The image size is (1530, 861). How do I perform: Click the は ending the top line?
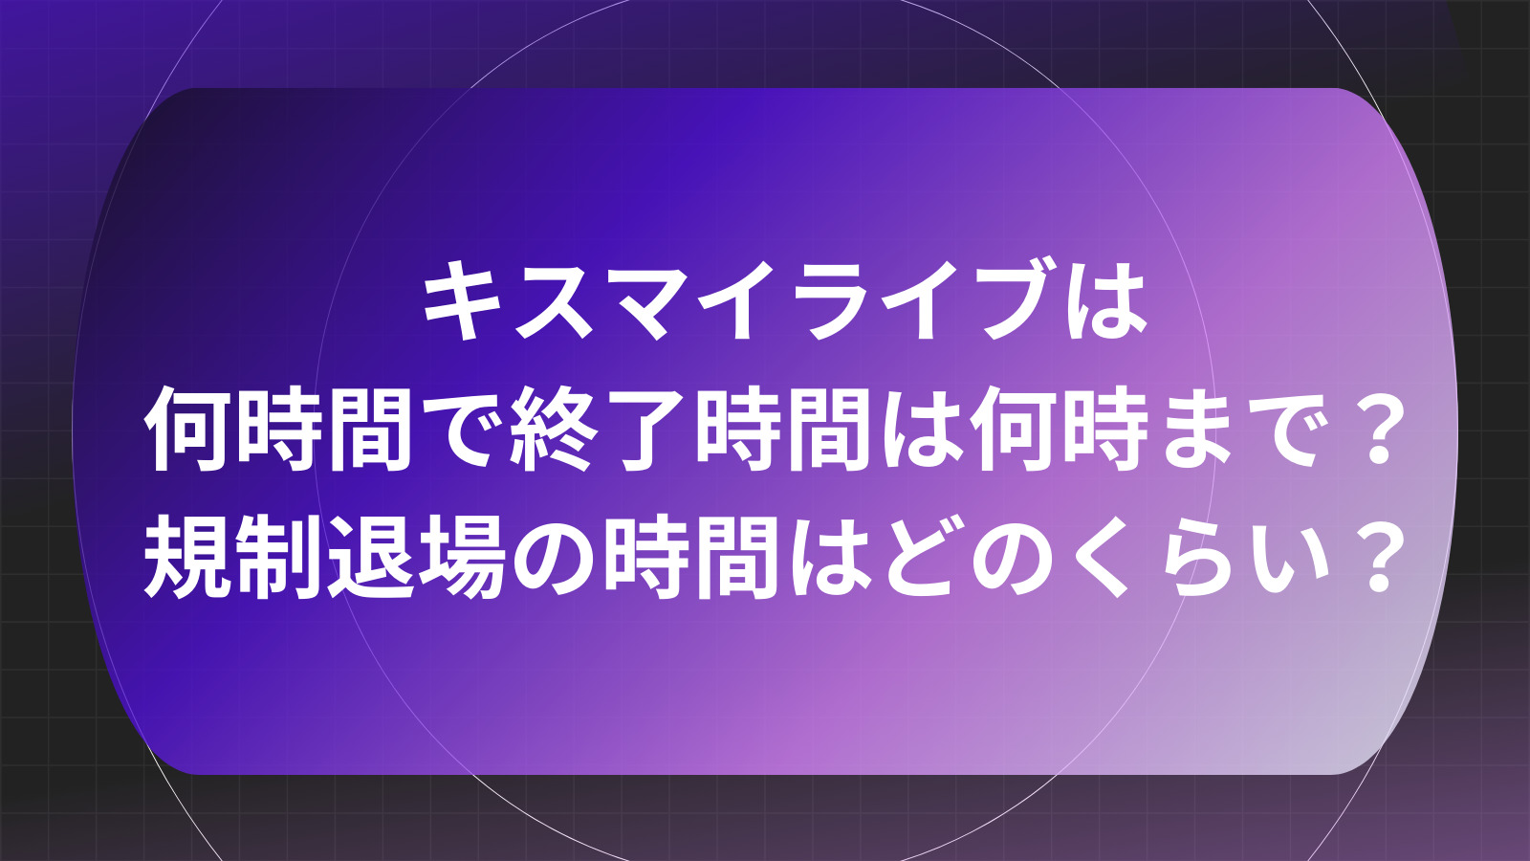click(x=1107, y=300)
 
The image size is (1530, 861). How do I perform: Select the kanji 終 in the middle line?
click(x=552, y=430)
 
